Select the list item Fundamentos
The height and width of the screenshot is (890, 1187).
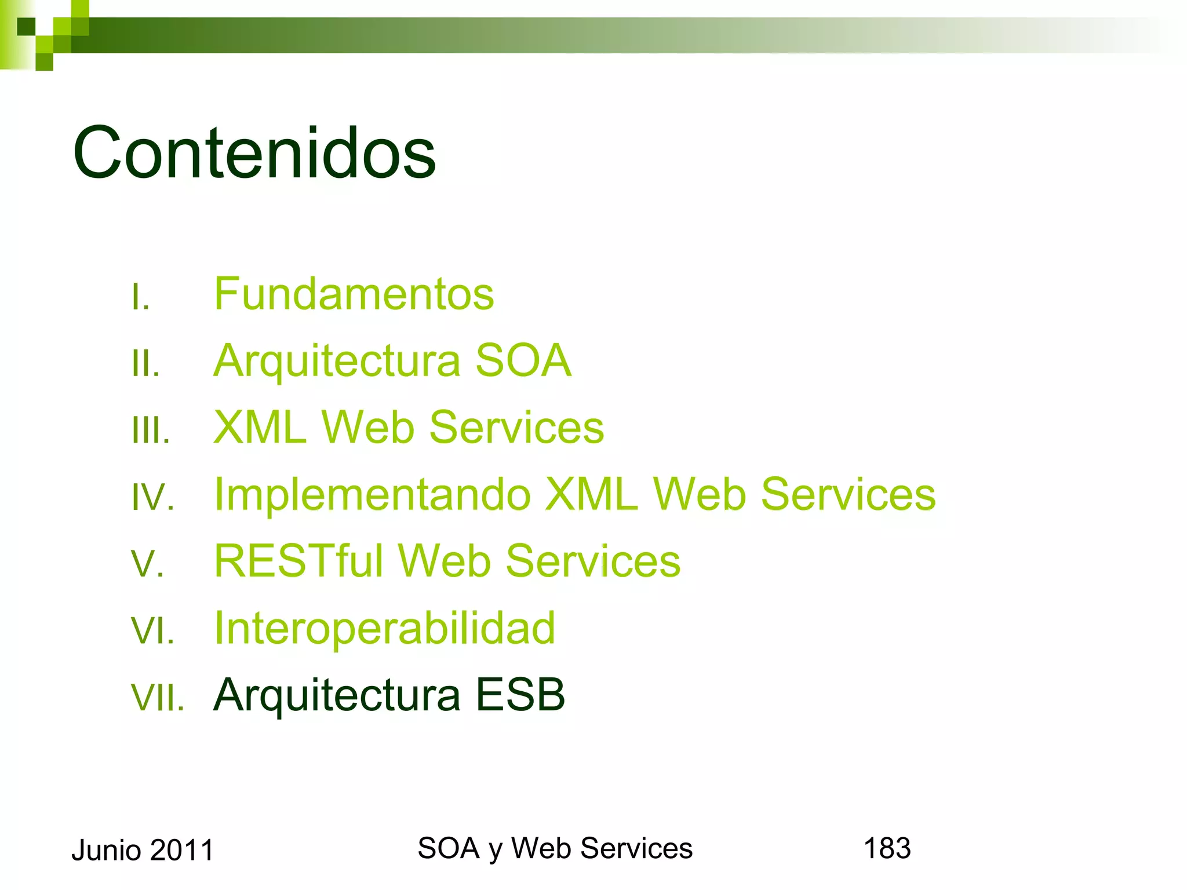coord(354,294)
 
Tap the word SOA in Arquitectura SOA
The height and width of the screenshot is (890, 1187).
coord(523,360)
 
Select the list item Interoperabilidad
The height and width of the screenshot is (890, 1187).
coord(384,628)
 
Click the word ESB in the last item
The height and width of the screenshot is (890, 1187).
coord(520,695)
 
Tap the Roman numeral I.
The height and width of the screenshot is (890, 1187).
coord(140,298)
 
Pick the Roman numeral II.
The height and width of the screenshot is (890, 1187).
coord(145,364)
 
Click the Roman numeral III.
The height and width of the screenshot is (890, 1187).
coord(151,431)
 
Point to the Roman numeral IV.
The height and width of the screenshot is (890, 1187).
coord(153,498)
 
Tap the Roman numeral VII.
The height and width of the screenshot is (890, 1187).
coord(158,698)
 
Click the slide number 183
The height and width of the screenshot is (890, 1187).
coord(887,848)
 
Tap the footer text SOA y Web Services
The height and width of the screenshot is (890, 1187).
coord(555,849)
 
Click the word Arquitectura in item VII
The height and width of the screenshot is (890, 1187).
coord(337,695)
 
